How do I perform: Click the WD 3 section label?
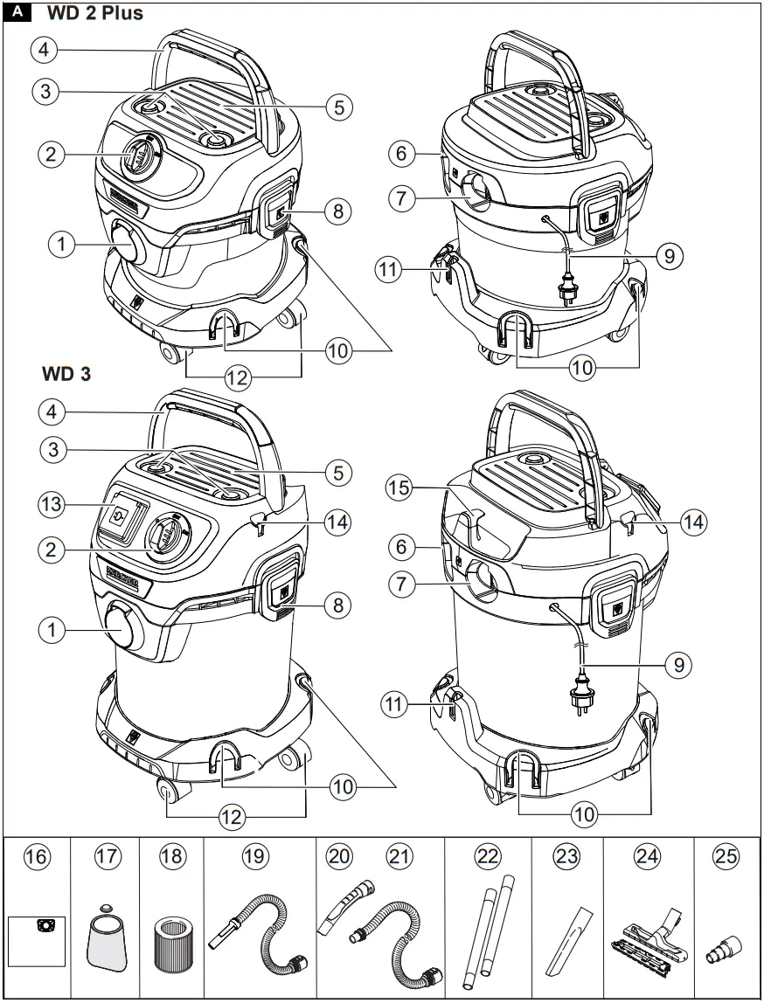[x=66, y=373]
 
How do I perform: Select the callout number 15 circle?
[x=399, y=489]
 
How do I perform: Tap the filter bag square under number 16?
[x=38, y=940]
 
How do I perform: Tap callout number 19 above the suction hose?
[x=254, y=857]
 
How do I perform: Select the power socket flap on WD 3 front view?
[x=122, y=515]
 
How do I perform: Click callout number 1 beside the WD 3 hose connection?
[x=53, y=630]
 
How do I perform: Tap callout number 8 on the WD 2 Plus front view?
[x=338, y=211]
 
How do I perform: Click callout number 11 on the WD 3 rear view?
[x=397, y=704]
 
